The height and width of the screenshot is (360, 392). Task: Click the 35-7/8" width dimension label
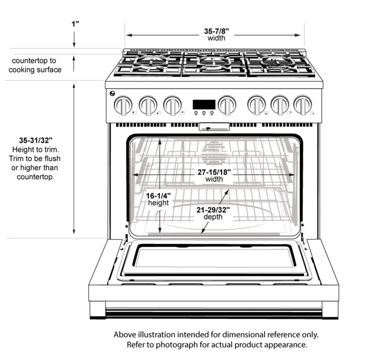click(x=216, y=35)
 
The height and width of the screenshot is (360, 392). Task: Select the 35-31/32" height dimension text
click(x=36, y=140)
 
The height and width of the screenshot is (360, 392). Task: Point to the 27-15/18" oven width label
click(x=214, y=175)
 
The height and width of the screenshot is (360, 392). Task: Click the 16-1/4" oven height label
click(x=158, y=199)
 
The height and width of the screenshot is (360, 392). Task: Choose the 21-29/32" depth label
click(x=213, y=213)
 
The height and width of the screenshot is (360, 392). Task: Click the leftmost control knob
click(x=123, y=105)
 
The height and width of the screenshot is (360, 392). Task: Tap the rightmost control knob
click(x=303, y=105)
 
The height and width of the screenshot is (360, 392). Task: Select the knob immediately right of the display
click(x=227, y=105)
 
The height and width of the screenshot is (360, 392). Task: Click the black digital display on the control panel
click(x=204, y=104)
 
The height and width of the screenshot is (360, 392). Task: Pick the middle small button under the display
click(x=204, y=113)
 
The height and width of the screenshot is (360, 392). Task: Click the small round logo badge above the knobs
click(x=112, y=94)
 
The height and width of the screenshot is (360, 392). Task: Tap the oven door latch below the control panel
click(x=214, y=127)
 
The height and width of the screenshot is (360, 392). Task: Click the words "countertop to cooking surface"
click(x=35, y=65)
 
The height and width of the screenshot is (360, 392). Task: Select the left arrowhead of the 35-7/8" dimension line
click(x=129, y=35)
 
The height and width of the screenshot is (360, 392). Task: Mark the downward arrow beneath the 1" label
click(x=74, y=40)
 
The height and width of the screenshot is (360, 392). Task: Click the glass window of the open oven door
click(x=214, y=258)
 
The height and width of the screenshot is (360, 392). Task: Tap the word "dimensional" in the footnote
click(x=243, y=334)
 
